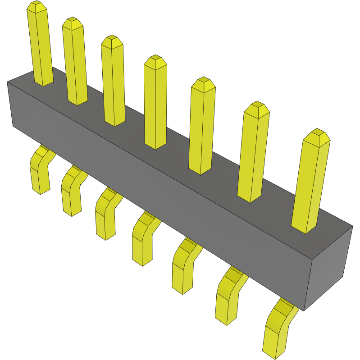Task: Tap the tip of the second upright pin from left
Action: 72,23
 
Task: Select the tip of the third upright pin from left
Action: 112,41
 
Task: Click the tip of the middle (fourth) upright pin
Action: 155,60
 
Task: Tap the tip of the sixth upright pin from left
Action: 257,107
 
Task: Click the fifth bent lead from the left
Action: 182,268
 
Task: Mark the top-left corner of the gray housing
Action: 8,82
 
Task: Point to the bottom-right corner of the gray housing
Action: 305,310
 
